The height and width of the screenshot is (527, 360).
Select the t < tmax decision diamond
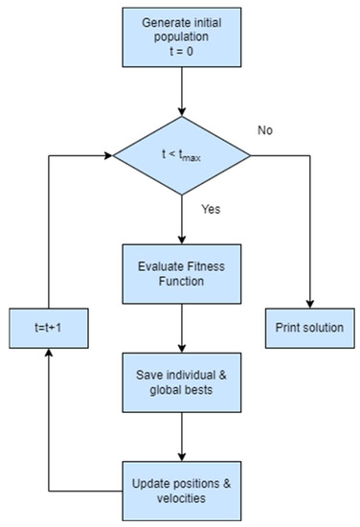coord(182,155)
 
